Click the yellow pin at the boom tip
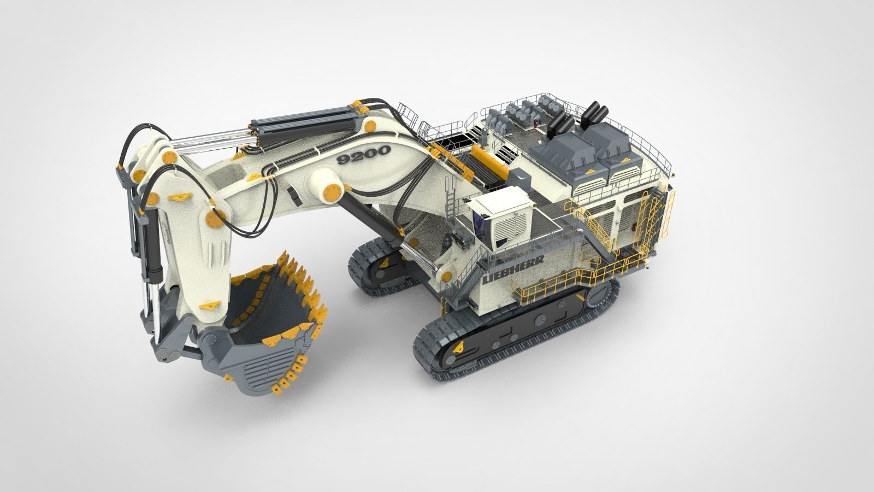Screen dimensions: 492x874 click(x=170, y=158)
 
